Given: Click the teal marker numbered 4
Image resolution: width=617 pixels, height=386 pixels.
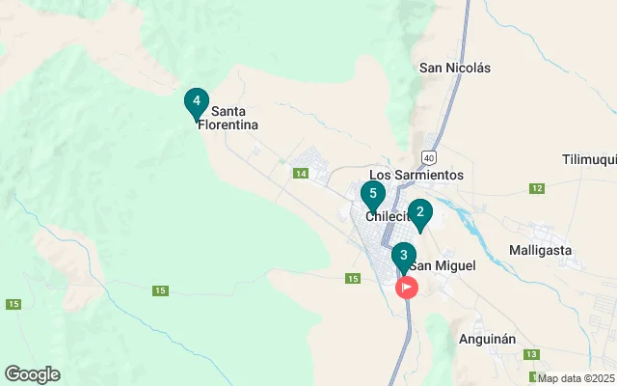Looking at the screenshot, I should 197,101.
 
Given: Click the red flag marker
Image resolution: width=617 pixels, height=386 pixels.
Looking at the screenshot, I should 408,287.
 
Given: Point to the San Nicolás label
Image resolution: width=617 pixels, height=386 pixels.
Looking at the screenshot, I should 455,68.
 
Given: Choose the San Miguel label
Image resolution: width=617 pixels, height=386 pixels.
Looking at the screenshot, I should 443,265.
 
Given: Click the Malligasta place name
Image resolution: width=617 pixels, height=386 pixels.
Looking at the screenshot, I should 539,250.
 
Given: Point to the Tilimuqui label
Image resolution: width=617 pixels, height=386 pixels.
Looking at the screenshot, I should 588,158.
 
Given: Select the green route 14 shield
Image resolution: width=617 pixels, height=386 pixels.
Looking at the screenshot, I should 301,173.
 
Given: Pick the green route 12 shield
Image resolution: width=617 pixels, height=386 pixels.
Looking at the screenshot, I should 536,187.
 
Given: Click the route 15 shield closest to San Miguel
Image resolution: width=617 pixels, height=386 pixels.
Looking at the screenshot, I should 353,279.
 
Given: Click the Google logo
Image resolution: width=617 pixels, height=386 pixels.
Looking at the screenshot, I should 32,374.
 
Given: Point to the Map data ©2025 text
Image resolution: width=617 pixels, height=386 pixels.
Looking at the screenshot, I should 576,378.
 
